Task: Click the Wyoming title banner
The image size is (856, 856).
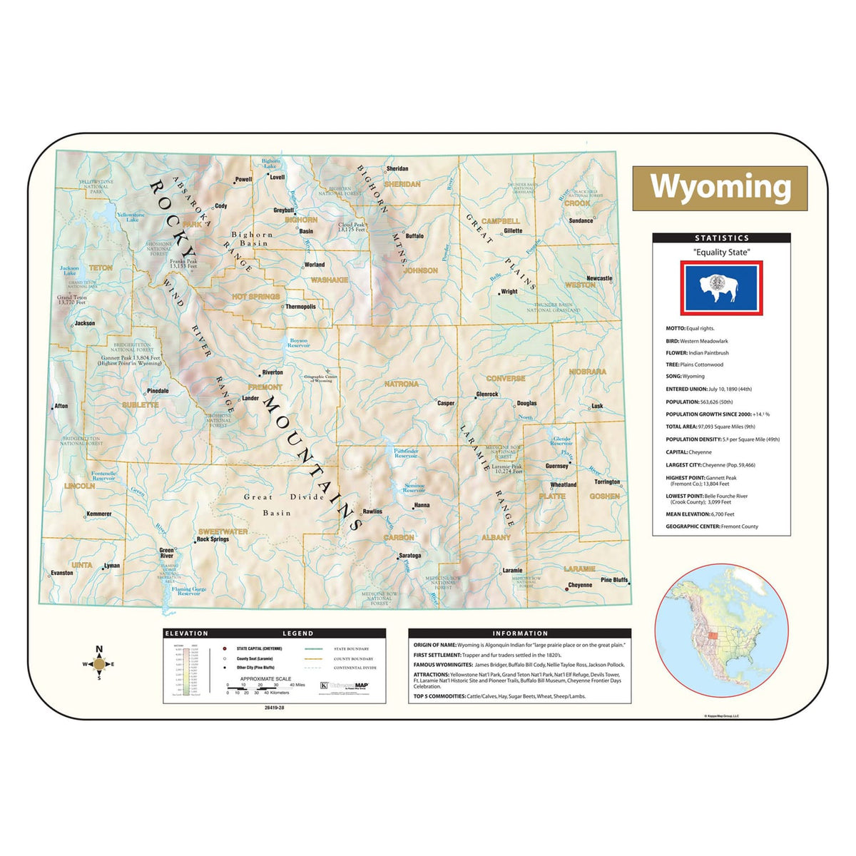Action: [x=720, y=188]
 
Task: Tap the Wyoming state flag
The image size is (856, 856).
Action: [x=721, y=287]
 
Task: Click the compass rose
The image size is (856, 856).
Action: [x=99, y=664]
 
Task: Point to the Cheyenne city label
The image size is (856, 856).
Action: [x=580, y=585]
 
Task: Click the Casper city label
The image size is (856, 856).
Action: [x=446, y=403]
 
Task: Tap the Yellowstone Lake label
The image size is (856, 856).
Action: [x=131, y=217]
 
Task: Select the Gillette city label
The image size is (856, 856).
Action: [x=513, y=231]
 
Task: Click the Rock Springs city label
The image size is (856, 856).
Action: [x=213, y=539]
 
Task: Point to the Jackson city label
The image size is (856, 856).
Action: [x=85, y=323]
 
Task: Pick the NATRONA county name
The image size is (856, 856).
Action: [x=401, y=384]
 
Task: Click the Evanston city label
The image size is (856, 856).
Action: [x=62, y=573]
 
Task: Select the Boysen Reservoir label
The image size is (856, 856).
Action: [x=298, y=343]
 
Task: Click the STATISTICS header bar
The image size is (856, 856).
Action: [x=721, y=238]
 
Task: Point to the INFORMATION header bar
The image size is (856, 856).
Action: [x=520, y=633]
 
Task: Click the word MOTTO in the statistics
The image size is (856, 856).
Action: [x=675, y=329]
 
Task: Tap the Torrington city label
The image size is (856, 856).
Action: [x=607, y=481]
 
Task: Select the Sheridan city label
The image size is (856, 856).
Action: [x=397, y=169]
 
